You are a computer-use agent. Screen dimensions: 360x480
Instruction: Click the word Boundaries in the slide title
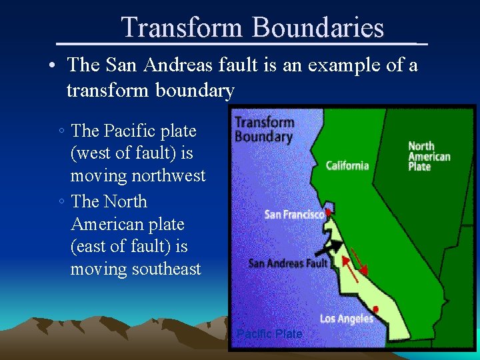[x=318, y=28]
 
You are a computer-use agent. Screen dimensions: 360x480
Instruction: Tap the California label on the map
[x=347, y=165]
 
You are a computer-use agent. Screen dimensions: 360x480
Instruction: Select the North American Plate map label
[x=429, y=156]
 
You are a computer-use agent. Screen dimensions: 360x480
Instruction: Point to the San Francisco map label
[x=294, y=214]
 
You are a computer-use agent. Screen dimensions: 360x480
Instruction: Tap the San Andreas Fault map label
[x=288, y=263]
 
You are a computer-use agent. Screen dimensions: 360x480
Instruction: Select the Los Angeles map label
[x=346, y=319]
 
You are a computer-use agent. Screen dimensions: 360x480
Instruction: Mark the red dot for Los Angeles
[x=376, y=309]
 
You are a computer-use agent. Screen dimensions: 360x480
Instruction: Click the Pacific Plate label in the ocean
[x=269, y=333]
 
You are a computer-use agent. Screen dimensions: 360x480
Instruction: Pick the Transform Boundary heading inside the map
[x=264, y=129]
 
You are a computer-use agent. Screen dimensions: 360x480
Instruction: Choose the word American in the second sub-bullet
[x=107, y=224]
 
